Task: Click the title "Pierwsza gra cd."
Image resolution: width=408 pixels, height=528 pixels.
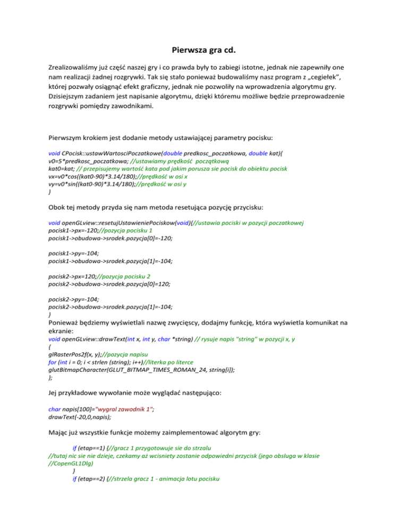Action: pyautogui.click(x=204, y=52)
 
